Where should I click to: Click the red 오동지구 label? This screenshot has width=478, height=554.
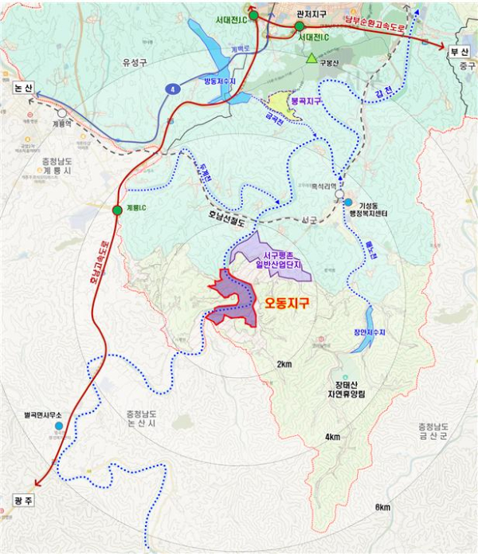tap(286, 303)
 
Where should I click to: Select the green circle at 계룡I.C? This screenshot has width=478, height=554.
tap(118, 210)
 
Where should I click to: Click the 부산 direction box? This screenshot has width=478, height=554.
tap(460, 51)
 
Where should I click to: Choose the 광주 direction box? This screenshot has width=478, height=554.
tap(18, 499)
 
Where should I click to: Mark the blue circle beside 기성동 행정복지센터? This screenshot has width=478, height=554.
tap(348, 202)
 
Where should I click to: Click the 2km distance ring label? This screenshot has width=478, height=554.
tap(284, 364)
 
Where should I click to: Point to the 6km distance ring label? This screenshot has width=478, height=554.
tap(383, 507)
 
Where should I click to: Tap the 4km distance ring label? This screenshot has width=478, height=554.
tap(332, 437)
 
